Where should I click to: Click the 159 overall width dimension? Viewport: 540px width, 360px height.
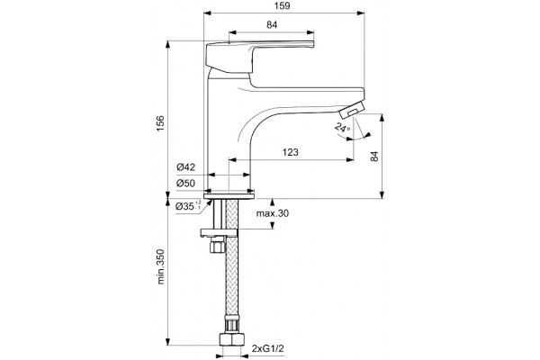283,6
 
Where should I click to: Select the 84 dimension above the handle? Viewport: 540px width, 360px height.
272,25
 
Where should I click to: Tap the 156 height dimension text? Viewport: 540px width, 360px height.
160,123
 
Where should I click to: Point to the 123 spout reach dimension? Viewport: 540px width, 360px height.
291,152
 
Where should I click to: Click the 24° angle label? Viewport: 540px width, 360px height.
342,128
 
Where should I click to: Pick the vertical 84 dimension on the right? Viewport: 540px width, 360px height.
374,156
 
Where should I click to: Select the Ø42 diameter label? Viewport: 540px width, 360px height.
186,167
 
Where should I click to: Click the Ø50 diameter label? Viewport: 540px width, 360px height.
186,184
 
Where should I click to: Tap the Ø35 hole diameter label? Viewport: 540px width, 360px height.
189,206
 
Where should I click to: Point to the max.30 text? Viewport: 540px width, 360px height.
273,213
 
